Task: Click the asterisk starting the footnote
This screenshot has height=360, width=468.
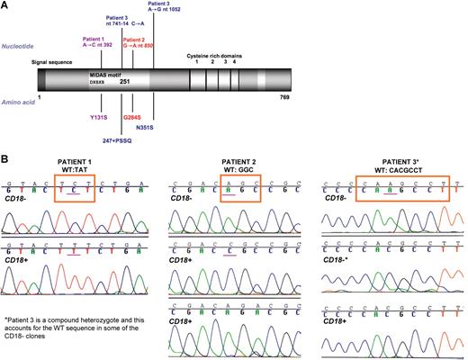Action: pos(7,319)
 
